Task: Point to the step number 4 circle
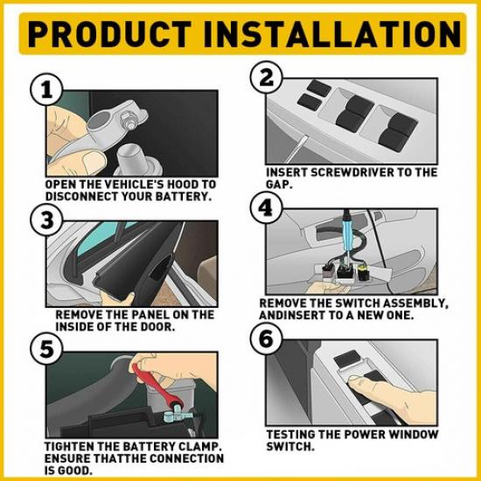pyautogui.click(x=264, y=207)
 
